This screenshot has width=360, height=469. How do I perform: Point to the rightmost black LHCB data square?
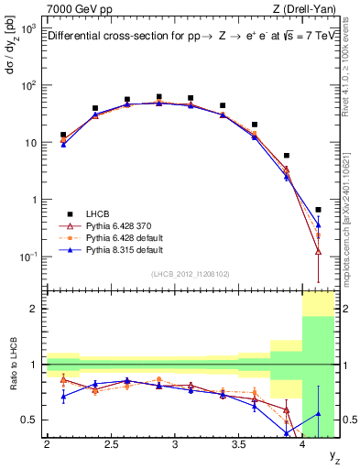(x=318, y=210)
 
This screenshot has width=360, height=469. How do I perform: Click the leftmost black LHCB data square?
(x=63, y=135)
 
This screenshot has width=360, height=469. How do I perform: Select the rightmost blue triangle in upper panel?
(x=318, y=224)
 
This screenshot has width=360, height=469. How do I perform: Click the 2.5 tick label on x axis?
(x=110, y=444)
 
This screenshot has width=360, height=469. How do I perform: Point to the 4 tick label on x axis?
(x=302, y=444)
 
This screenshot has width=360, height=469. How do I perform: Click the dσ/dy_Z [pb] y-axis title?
(x=11, y=55)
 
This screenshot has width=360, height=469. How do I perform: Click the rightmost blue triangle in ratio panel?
(x=318, y=413)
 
